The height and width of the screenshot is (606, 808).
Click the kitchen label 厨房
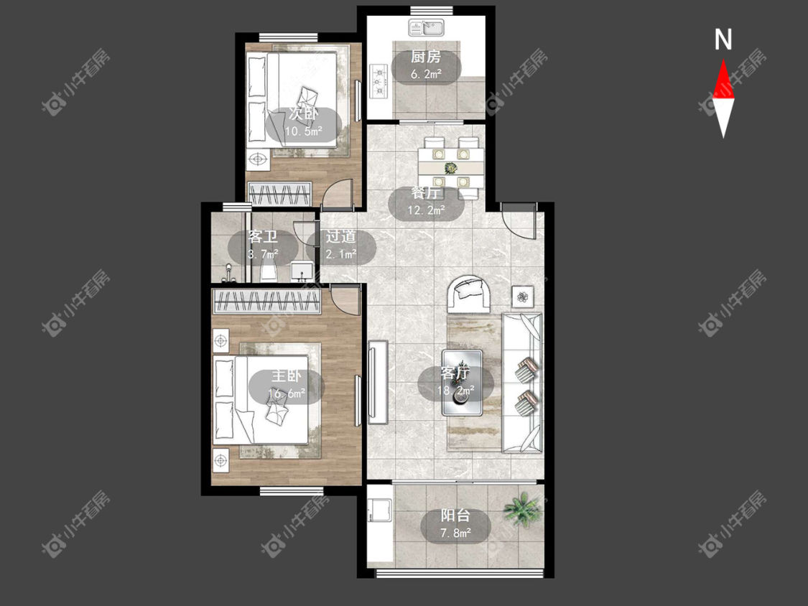tap(426, 57)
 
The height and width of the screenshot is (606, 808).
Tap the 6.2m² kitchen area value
tap(426, 74)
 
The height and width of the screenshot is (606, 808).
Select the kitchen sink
tap(427, 28)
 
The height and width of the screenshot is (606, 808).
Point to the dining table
tap(451, 168)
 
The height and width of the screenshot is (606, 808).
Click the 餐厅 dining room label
tap(426, 193)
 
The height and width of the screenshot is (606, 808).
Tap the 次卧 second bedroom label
tap(304, 113)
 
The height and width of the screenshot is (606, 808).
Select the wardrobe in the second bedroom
tap(279, 193)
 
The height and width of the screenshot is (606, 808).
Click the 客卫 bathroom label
tap(263, 236)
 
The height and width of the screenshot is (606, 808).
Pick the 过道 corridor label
tap(340, 236)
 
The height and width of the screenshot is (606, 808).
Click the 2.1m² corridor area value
tap(340, 253)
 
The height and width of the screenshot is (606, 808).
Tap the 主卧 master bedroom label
tap(287, 376)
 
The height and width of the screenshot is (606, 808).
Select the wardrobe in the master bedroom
tap(267, 301)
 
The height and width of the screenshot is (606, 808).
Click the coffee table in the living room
tap(462, 383)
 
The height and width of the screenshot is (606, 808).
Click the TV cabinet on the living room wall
tap(378, 382)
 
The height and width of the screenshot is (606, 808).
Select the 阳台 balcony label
tap(455, 516)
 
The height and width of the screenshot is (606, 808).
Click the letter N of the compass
tap(723, 39)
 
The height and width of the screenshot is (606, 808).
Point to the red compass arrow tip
tap(723, 60)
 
